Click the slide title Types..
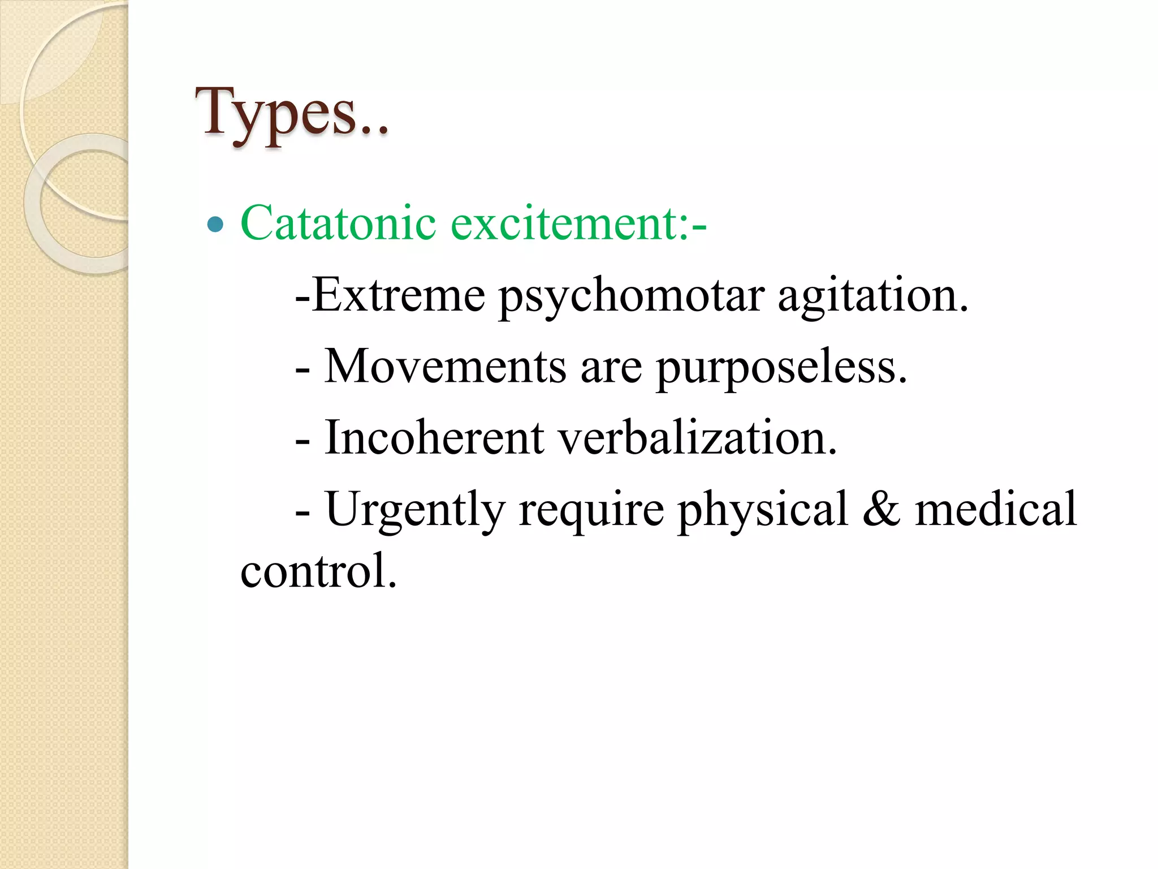pyautogui.click(x=291, y=113)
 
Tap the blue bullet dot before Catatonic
pyautogui.click(x=215, y=225)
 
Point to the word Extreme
pyautogui.click(x=398, y=295)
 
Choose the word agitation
pyautogui.click(x=873, y=295)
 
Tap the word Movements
pyautogui.click(x=445, y=366)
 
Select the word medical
pyautogui.click(x=996, y=509)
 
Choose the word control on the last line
pyautogui.click(x=318, y=570)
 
